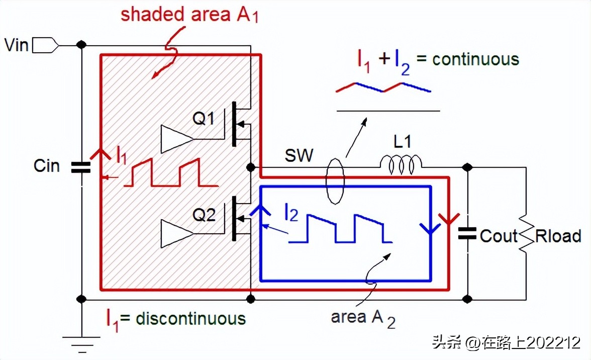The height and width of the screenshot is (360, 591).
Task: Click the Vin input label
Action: (x=17, y=45)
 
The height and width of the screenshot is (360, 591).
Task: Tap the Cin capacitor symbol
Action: (x=81, y=167)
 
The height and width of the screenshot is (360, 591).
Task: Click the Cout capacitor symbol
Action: (x=467, y=233)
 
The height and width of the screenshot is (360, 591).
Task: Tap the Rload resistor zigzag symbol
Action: (x=526, y=234)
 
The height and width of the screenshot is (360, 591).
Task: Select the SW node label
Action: (x=299, y=155)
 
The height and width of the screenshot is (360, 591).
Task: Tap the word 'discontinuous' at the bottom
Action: (x=190, y=318)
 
